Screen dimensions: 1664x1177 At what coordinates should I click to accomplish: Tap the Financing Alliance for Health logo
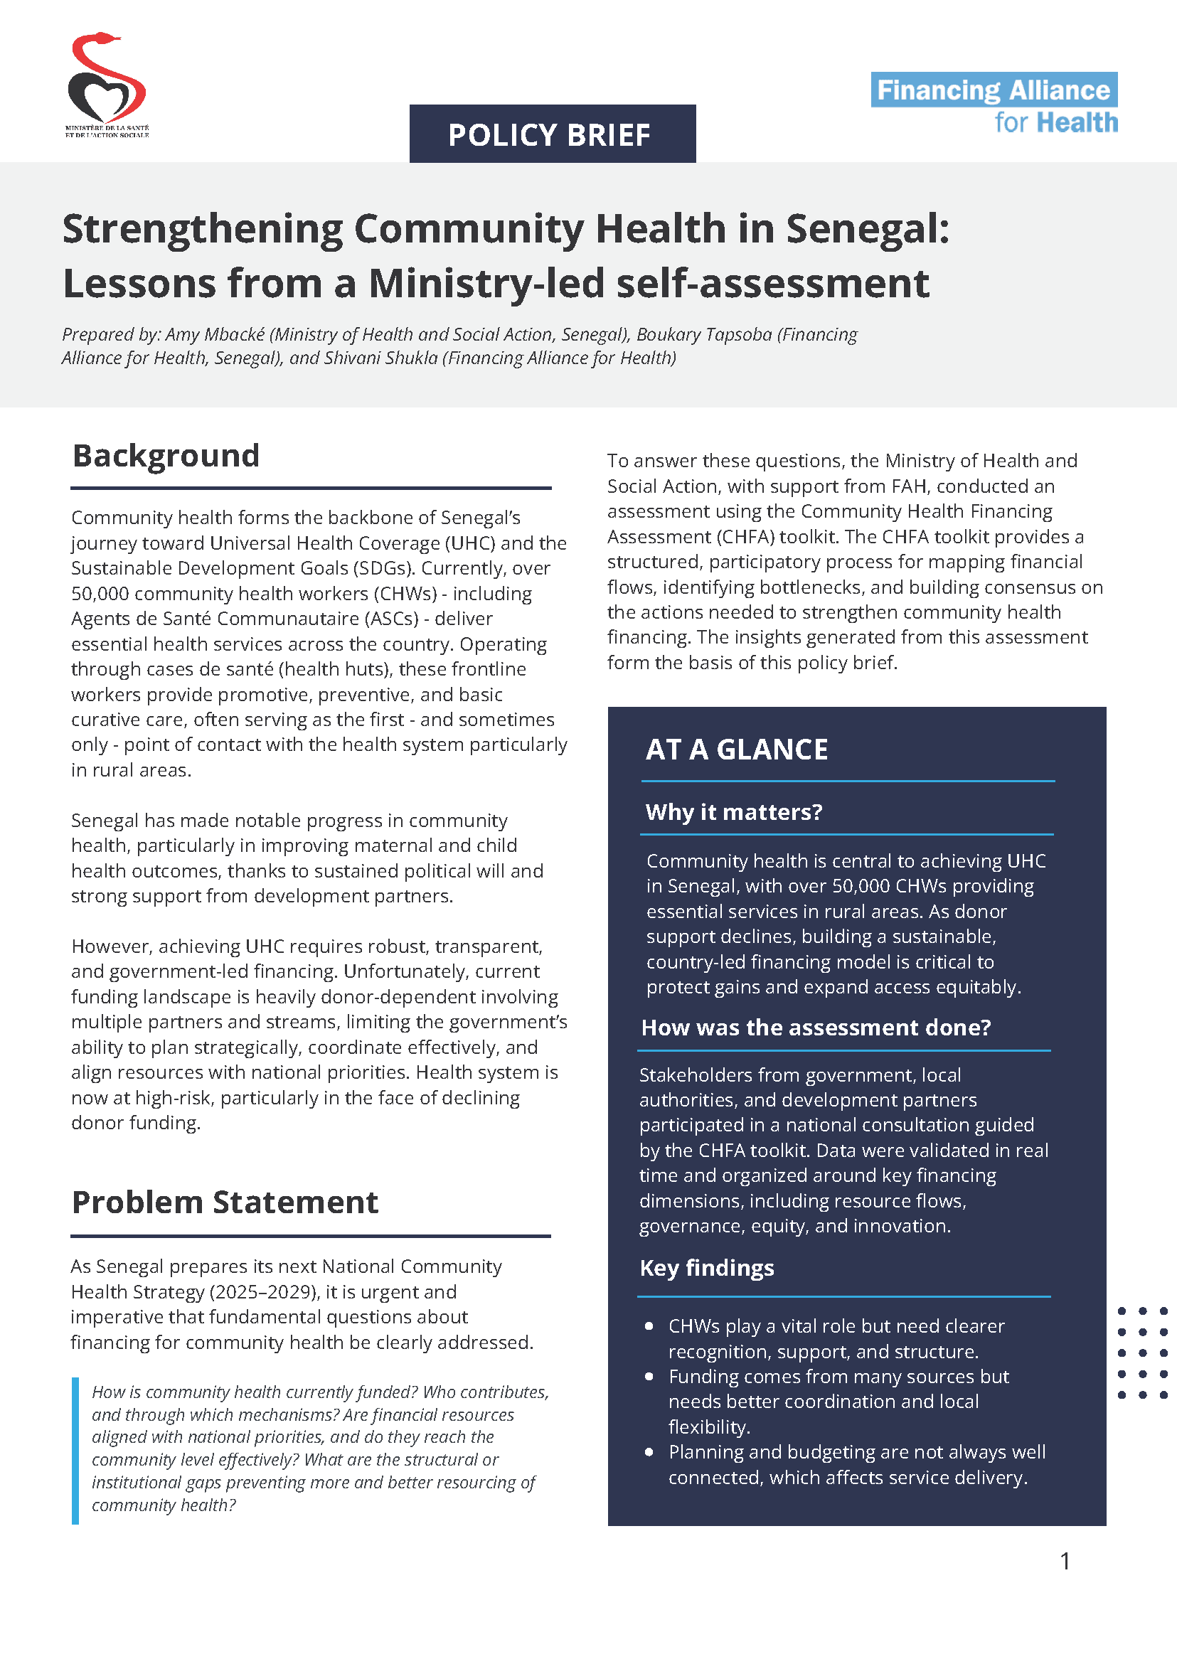(x=994, y=104)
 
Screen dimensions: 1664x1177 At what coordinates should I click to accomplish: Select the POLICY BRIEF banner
(x=553, y=134)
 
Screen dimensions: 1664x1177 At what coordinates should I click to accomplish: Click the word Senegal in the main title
(x=867, y=229)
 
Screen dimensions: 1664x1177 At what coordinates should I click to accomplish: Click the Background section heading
(x=166, y=456)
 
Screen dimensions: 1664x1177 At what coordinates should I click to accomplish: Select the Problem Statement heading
(x=225, y=1202)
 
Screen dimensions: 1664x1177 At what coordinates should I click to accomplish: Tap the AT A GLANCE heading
(x=736, y=750)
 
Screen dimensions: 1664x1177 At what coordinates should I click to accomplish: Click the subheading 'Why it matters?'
(x=733, y=811)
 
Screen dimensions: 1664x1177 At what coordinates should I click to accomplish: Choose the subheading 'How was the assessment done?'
(x=815, y=1027)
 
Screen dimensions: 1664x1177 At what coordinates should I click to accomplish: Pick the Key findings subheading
(x=707, y=1268)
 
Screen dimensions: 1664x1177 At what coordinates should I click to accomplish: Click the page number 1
(x=1065, y=1560)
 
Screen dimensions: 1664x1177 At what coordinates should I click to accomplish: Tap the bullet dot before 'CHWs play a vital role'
(x=649, y=1326)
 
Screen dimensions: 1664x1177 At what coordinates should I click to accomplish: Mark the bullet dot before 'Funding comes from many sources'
(x=649, y=1376)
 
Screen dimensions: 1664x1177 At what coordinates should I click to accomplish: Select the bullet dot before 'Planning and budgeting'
(x=649, y=1451)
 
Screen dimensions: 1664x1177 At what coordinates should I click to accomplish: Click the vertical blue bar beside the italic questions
(x=75, y=1450)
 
